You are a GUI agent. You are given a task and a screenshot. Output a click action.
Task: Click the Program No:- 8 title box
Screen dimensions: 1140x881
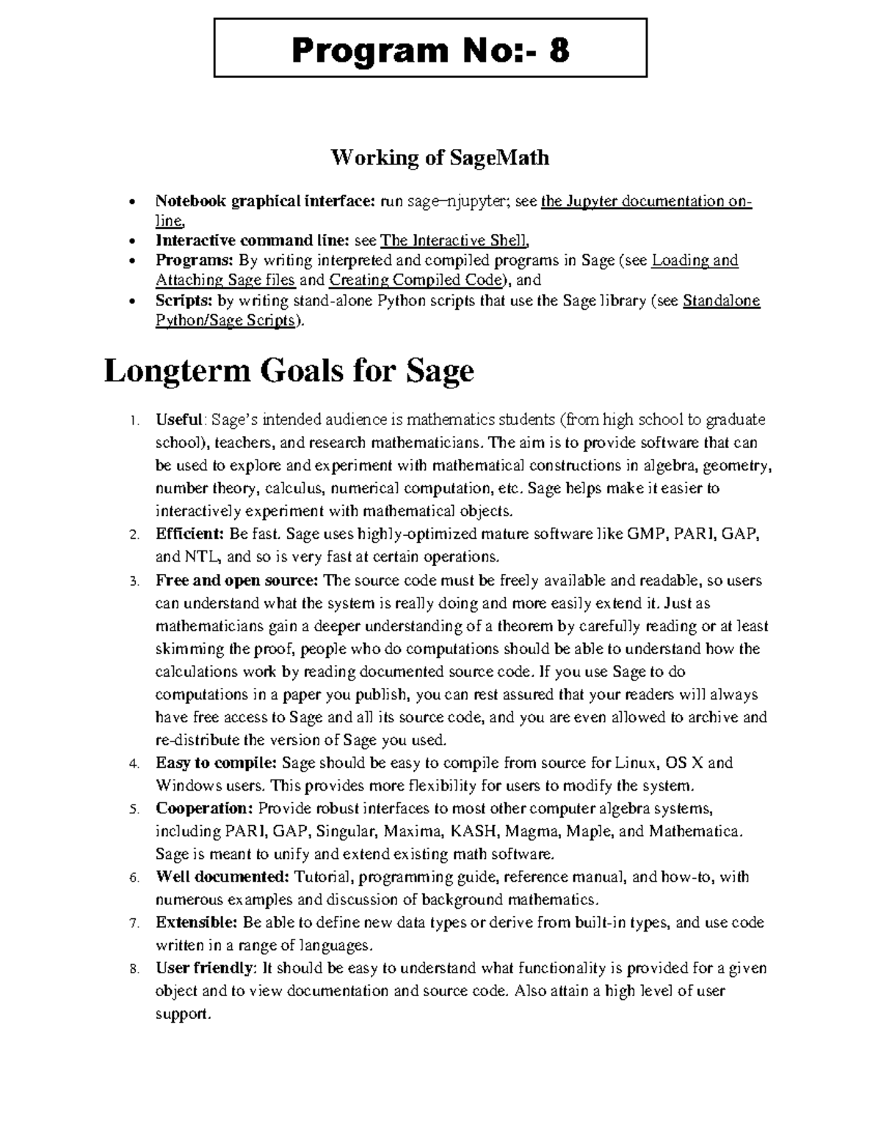pyautogui.click(x=430, y=48)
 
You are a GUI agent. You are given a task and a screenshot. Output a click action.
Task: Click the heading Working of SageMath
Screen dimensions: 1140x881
pyautogui.click(x=440, y=158)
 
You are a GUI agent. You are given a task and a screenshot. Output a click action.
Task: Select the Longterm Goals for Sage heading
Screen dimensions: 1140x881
pyautogui.click(x=289, y=371)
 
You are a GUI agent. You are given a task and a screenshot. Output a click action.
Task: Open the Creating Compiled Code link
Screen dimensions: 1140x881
pyautogui.click(x=417, y=280)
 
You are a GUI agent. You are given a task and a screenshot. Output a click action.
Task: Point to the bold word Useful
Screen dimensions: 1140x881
pyautogui.click(x=178, y=420)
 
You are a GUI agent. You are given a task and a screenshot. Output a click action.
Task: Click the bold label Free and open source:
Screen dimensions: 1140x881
pyautogui.click(x=237, y=581)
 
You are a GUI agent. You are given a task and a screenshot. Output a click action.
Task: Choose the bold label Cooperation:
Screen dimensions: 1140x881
pyautogui.click(x=204, y=808)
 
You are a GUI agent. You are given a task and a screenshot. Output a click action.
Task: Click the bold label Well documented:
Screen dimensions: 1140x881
pyautogui.click(x=222, y=876)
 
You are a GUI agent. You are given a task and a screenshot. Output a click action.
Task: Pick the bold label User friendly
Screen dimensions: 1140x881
pyautogui.click(x=203, y=968)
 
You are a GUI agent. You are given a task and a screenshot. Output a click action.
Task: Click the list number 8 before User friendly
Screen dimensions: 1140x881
pyautogui.click(x=133, y=969)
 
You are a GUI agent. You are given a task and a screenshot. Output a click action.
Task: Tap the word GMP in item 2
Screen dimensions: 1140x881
pyautogui.click(x=644, y=534)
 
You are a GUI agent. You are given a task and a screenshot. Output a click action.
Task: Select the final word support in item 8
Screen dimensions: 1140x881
pyautogui.click(x=182, y=1014)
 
